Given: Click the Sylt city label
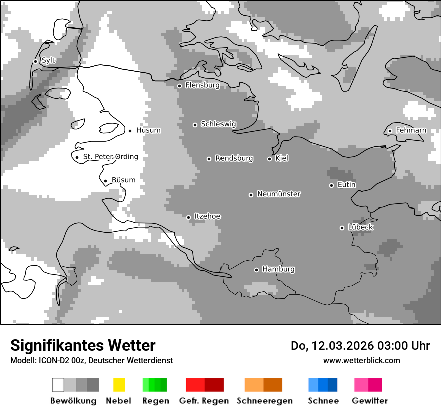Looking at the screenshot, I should pos(48,60).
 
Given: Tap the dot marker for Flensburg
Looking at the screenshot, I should pos(179,86).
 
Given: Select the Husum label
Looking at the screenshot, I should pos(148,130).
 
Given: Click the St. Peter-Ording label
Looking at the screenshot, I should pos(110,157).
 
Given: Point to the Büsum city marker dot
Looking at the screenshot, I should pos(105,181).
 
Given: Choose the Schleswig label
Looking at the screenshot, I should pos(218,124).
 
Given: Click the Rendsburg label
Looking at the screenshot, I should pos(234,158).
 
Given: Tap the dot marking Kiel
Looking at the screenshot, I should pos(269,159).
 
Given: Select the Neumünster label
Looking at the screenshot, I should pos(279,194).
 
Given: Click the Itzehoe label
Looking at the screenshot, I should pos(207,216).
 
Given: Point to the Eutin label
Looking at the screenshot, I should pos(346,185).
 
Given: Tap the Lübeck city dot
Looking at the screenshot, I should pos(342,228).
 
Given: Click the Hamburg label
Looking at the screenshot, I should pos(278,269).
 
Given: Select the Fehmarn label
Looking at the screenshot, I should pos(411,130).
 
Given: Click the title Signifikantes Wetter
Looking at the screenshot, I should pos(83,345).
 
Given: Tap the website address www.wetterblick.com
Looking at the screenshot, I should pos(361,360).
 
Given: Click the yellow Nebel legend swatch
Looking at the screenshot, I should pos(119,385).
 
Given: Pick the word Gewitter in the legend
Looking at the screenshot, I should pos(369,401).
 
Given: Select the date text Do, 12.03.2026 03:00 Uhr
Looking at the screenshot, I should pos(360,346).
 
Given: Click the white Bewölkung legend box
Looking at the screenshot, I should pos(58,385).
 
